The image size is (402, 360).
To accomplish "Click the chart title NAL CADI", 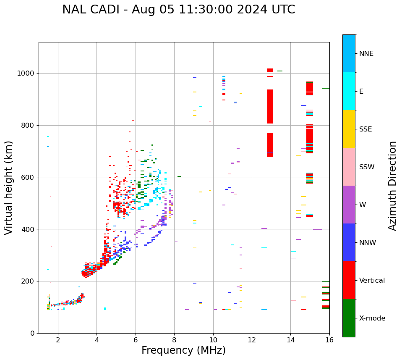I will [x=178, y=10].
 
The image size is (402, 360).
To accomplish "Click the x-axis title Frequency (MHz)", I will [x=183, y=350].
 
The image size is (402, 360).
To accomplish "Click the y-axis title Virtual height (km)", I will [x=9, y=188].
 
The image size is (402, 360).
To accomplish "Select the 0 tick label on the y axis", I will [x=32, y=333].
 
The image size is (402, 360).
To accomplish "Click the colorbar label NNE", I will [x=366, y=54].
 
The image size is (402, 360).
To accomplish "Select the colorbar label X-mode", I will [x=372, y=318].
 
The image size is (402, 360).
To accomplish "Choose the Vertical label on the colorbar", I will [x=372, y=281].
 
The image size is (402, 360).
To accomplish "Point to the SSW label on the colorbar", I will [x=367, y=167].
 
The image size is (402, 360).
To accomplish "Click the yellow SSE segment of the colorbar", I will [x=349, y=129].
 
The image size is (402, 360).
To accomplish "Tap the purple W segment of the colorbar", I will [x=349, y=205].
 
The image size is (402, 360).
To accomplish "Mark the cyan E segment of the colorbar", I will [x=349, y=91].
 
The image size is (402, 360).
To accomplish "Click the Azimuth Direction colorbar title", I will [x=392, y=186].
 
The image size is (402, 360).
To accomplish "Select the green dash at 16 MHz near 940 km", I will [x=326, y=88].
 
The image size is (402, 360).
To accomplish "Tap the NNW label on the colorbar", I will [x=368, y=243].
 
